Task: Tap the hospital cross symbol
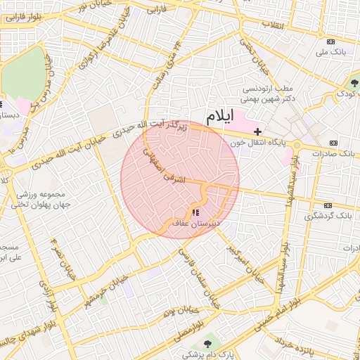(x=258, y=131)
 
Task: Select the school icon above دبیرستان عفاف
(x=195, y=212)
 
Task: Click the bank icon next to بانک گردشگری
(x=327, y=205)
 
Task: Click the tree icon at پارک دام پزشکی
(x=207, y=342)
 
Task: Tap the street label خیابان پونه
(x=178, y=310)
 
